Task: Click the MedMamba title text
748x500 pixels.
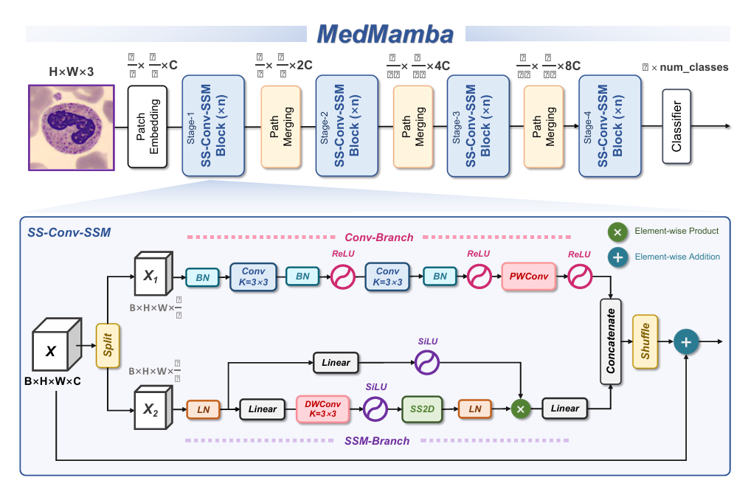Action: (x=385, y=33)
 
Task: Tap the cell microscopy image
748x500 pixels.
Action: (x=71, y=126)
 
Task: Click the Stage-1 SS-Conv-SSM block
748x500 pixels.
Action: (x=213, y=126)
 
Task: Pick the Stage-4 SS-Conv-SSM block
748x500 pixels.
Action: (x=610, y=126)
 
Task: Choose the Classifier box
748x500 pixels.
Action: (x=676, y=126)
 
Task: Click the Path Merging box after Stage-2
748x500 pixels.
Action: (x=413, y=126)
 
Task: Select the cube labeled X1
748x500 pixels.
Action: (x=153, y=277)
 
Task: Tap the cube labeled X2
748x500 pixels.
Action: (x=153, y=409)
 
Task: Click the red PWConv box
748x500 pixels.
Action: (x=527, y=277)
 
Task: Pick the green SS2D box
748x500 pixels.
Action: (x=422, y=409)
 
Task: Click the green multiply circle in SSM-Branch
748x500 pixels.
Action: (x=522, y=409)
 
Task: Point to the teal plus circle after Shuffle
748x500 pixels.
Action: (x=687, y=341)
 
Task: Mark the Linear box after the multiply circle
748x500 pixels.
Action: (x=566, y=409)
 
